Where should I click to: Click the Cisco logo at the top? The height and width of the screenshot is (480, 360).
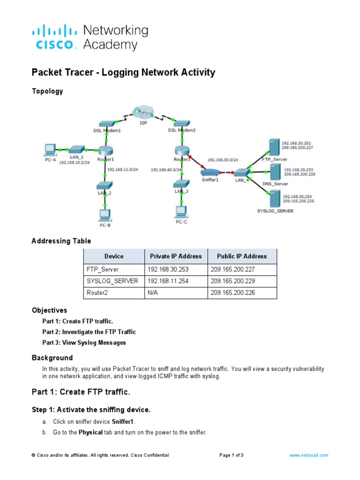(x=53, y=37)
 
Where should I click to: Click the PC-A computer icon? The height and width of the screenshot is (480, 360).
(x=49, y=150)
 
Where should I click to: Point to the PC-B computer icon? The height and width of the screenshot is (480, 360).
(x=105, y=215)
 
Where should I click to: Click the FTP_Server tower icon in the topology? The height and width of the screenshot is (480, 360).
(x=272, y=147)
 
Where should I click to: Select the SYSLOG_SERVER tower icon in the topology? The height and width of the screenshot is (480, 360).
(x=273, y=199)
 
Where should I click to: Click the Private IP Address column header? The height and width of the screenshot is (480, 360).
(x=175, y=256)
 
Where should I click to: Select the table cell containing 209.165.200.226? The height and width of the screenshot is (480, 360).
(x=241, y=293)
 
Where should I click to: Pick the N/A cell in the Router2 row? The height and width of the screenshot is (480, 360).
(x=155, y=293)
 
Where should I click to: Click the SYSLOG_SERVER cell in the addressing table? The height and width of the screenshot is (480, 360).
(x=112, y=281)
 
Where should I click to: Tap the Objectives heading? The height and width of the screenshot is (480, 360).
(x=49, y=310)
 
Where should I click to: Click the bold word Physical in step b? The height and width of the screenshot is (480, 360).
(x=90, y=432)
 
